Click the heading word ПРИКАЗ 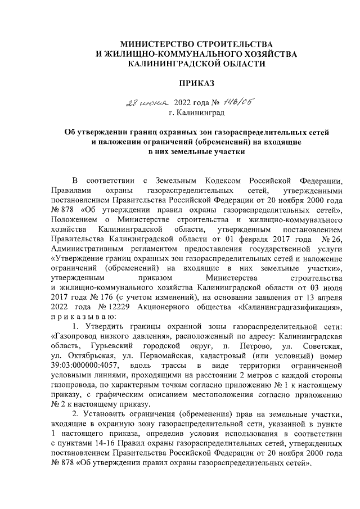pos(196,83)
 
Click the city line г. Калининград pos(197,113)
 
